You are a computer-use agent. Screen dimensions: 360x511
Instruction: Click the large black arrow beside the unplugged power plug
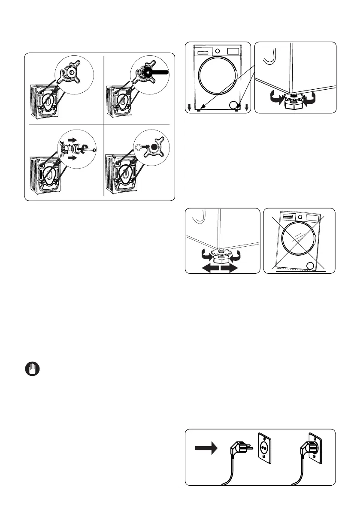[x=206, y=448]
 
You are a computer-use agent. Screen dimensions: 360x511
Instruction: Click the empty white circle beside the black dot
[x=138, y=147]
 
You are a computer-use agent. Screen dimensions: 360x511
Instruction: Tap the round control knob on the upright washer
[x=218, y=51]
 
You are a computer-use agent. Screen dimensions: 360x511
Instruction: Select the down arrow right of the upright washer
[x=247, y=107]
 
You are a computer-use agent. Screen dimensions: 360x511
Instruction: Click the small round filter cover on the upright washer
[x=233, y=104]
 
